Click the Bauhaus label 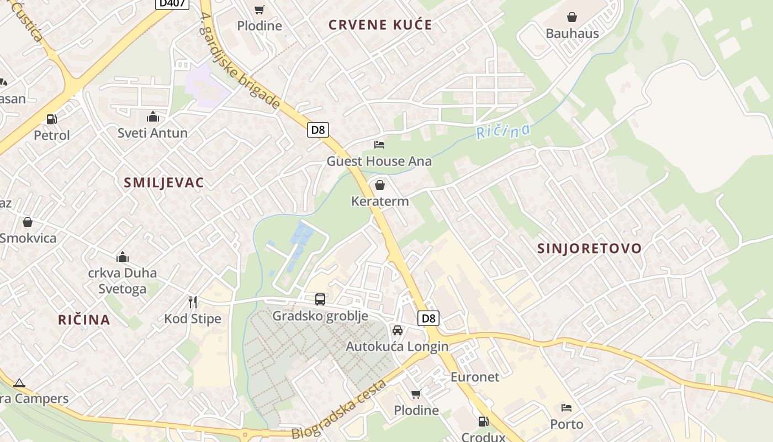pyautogui.click(x=572, y=33)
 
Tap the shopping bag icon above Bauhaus pyautogui.click(x=572, y=17)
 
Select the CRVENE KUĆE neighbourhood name pyautogui.click(x=380, y=25)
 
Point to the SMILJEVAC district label pyautogui.click(x=164, y=183)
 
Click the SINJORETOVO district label pyautogui.click(x=590, y=248)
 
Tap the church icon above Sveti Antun pyautogui.click(x=153, y=117)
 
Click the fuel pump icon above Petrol pyautogui.click(x=52, y=119)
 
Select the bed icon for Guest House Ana pyautogui.click(x=379, y=145)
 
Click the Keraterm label pyautogui.click(x=380, y=201)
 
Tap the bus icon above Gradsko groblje pyautogui.click(x=320, y=299)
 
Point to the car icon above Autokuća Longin pyautogui.click(x=397, y=330)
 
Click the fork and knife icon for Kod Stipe pyautogui.click(x=193, y=302)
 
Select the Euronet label pyautogui.click(x=475, y=377)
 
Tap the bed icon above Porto pyautogui.click(x=566, y=408)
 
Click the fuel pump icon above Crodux pyautogui.click(x=483, y=422)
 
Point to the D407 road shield pyautogui.click(x=172, y=3)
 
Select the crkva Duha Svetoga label pyautogui.click(x=123, y=281)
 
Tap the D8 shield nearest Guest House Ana pyautogui.click(x=318, y=130)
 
